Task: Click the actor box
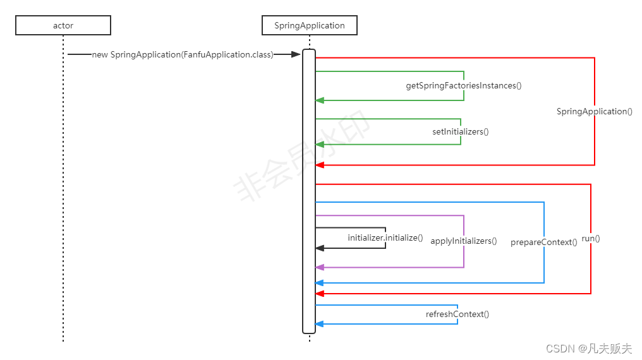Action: pos(63,25)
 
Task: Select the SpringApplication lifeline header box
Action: pos(310,25)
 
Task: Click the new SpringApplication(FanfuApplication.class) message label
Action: pos(183,55)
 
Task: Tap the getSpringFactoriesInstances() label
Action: pos(464,85)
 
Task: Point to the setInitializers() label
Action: pos(461,131)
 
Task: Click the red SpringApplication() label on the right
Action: pos(594,111)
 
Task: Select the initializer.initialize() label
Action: pos(385,237)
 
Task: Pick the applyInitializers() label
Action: pos(464,241)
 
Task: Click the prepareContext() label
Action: pos(544,242)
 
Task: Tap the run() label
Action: pos(591,239)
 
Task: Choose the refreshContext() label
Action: pos(457,314)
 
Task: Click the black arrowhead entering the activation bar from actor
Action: pos(296,55)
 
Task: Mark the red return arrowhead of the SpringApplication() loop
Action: pos(320,165)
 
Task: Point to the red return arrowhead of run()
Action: pos(320,294)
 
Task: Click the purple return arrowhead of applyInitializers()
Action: pos(320,267)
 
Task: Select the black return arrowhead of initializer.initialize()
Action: pos(320,248)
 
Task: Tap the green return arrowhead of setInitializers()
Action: pos(320,144)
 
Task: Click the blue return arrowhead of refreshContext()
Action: pos(320,324)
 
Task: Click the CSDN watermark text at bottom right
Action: pos(589,348)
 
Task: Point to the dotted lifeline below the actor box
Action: pos(63,189)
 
